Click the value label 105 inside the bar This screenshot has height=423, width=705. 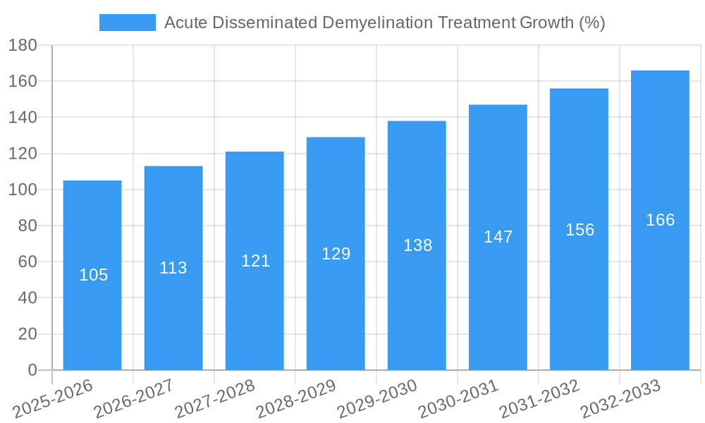[x=93, y=275]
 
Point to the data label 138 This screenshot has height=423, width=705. [x=417, y=245]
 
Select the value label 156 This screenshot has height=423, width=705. [x=580, y=230]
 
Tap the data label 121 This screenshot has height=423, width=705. [x=255, y=261]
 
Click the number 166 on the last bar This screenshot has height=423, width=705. [x=660, y=220]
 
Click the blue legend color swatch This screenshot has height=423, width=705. [x=128, y=23]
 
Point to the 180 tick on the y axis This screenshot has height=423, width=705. [x=23, y=45]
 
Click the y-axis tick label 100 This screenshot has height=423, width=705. [x=23, y=190]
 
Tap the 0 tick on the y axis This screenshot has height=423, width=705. [x=32, y=370]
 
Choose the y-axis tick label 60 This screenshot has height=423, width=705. [x=27, y=262]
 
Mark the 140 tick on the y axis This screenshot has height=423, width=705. [x=23, y=117]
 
